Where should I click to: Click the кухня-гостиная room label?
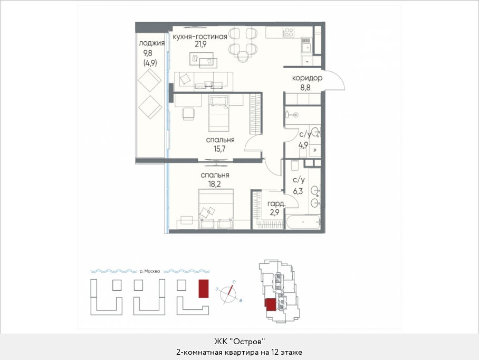tap(200, 36)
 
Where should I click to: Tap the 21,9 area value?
tap(200, 44)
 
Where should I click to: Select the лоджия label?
tap(152, 43)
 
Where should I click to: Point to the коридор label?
tap(307, 78)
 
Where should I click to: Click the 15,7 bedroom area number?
tap(220, 149)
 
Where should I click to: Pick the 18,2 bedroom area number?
tap(215, 184)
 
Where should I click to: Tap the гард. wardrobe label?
tap(276, 204)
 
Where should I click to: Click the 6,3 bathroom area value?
tap(298, 191)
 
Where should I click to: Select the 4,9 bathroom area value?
tap(303, 144)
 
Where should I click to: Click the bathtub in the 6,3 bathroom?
tap(303, 221)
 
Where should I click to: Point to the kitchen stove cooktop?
tap(289, 32)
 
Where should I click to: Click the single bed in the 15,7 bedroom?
tap(219, 113)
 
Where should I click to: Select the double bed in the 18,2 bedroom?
tap(216, 209)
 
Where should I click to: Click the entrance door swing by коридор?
tap(335, 80)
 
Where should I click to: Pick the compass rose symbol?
tap(229, 294)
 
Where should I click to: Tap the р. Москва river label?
tap(149, 271)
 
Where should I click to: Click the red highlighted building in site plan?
tap(204, 288)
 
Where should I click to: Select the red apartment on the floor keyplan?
tap(270, 304)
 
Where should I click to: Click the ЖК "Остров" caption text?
tap(239, 341)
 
